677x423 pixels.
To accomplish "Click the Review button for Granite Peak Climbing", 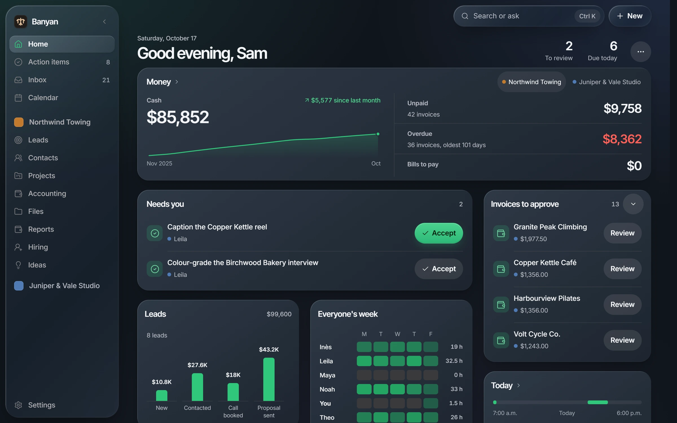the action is pos(622,233).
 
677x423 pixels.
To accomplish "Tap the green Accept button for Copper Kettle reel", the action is pos(439,233).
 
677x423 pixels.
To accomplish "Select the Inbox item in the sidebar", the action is pos(62,80).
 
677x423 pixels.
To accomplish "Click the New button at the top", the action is pos(630,16).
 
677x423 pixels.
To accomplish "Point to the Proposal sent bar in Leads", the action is pos(269,379).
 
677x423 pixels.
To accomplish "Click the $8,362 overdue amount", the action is pos(622,139).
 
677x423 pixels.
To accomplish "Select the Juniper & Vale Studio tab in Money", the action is pos(606,82).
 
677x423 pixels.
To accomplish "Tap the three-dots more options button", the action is pos(641,52).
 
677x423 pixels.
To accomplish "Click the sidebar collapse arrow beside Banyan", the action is pos(104,22).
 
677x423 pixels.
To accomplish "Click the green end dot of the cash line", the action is pos(378,134).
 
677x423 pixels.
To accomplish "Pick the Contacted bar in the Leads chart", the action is pos(197,387).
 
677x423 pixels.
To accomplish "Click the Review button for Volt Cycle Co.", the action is pos(622,340).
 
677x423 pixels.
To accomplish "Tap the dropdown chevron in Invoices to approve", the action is pos(633,204).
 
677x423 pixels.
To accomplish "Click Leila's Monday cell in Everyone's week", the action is pos(364,361).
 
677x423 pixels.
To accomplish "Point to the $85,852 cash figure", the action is pos(178,117).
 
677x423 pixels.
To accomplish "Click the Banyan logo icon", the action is pos(21,22).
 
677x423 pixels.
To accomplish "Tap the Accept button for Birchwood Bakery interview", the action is pos(439,269).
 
